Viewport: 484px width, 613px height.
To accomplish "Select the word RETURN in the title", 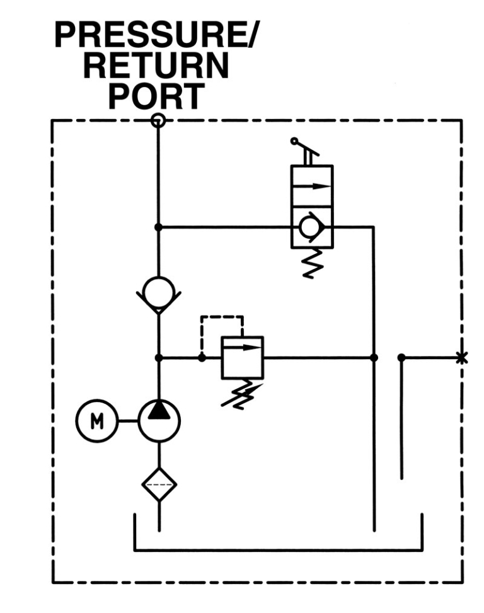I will coord(156,67).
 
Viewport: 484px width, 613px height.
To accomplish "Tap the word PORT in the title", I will coord(156,96).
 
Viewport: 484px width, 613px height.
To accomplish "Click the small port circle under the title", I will coord(159,120).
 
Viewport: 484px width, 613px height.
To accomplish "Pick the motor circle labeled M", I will coord(96,420).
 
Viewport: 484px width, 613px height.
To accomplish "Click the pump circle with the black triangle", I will coord(159,420).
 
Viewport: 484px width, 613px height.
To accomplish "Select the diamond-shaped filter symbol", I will coord(159,485).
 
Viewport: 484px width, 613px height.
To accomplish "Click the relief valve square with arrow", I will coord(243,358).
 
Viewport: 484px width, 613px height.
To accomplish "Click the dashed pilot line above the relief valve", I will coord(221,316).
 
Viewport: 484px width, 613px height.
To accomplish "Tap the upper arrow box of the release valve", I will coord(311,186).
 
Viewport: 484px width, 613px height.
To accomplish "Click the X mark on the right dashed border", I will coord(462,358).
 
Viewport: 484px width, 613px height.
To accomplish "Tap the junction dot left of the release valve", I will coord(159,227).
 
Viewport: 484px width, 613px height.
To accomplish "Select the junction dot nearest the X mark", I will coord(401,358).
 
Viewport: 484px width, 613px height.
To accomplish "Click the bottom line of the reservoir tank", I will coord(278,551).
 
